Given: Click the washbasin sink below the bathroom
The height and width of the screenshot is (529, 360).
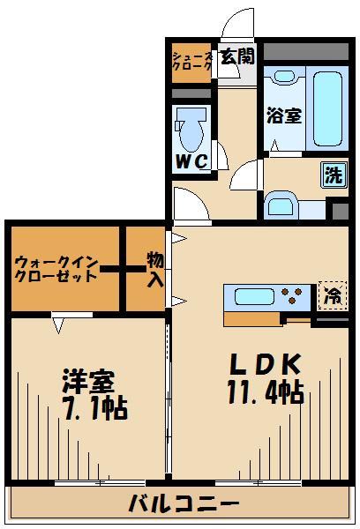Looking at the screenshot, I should tap(285, 207).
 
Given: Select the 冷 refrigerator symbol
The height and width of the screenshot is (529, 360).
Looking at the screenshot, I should tap(333, 294).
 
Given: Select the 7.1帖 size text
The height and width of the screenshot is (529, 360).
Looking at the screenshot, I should tap(94, 408).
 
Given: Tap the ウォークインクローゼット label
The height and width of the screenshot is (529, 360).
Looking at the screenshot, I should tap(55, 269).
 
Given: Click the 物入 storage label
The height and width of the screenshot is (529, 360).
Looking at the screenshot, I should tap(154, 270).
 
